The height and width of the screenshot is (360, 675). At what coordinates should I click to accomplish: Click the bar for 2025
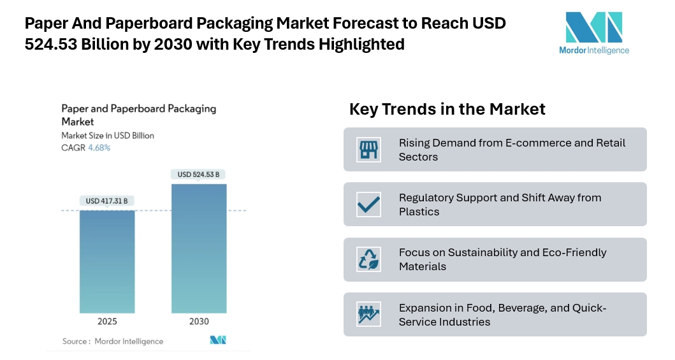(107, 261)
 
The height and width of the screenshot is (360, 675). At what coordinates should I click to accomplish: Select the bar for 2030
(199, 248)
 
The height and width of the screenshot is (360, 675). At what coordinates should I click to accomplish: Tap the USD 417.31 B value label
(107, 201)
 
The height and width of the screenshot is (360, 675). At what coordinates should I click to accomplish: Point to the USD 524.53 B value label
(199, 175)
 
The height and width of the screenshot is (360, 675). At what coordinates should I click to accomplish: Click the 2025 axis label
(107, 322)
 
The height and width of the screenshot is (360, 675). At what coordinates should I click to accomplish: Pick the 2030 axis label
(199, 322)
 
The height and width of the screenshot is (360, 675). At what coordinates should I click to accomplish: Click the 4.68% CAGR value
(99, 148)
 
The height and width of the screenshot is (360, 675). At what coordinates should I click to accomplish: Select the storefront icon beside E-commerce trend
(369, 150)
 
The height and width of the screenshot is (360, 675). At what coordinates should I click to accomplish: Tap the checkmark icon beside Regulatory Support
(369, 205)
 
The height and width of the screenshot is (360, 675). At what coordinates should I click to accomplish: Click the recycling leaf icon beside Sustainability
(369, 259)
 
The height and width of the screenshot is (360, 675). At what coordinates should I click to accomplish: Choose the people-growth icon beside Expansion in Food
(369, 314)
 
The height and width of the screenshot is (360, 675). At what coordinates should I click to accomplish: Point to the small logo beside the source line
(218, 340)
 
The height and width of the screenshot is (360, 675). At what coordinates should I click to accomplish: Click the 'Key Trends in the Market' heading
(447, 109)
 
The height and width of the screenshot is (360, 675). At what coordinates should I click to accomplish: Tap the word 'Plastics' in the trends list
(419, 212)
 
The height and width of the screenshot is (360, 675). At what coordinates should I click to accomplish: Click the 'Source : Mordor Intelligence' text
(113, 342)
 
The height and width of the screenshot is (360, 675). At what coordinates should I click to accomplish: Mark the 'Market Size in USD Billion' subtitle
(108, 136)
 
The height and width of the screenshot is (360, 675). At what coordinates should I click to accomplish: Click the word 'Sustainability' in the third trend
(481, 252)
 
